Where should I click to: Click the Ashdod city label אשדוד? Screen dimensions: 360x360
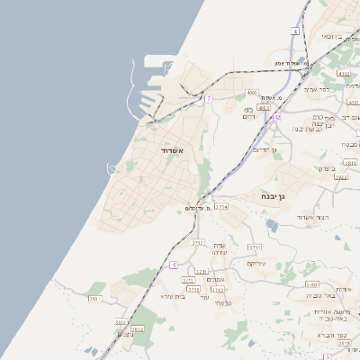tap(172, 150)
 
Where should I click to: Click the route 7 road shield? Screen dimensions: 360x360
tap(208, 97)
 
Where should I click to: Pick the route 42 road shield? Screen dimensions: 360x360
tap(278, 117)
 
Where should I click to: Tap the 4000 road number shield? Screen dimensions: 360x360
tap(251, 93)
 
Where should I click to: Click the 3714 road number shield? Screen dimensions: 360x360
tap(220, 207)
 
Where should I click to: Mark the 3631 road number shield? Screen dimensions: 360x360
tap(95, 298)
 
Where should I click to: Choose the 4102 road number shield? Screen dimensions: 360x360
tap(343, 73)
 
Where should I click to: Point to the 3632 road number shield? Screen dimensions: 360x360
tap(137, 329)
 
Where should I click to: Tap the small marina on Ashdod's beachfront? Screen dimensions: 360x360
tap(112, 169)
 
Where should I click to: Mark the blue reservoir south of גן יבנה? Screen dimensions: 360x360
tap(272, 224)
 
